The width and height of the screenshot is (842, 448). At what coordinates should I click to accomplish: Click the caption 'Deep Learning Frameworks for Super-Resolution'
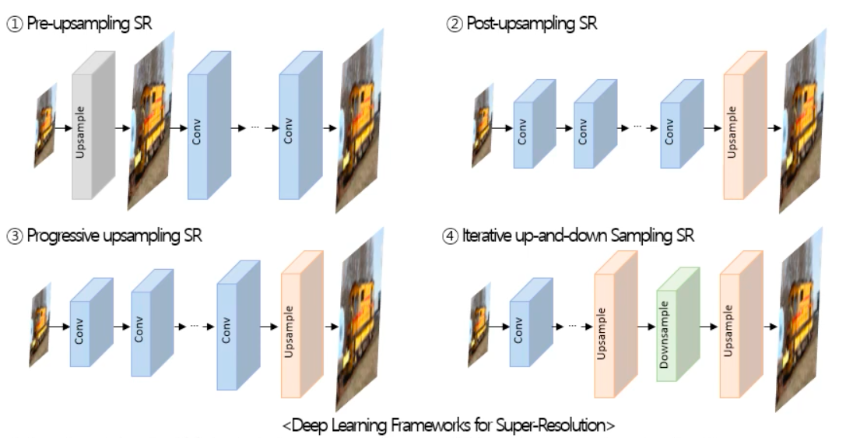point(448,425)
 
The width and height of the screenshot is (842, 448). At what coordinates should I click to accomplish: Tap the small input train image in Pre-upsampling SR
point(45,126)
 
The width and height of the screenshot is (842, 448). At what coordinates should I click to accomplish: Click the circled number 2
point(454,23)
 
